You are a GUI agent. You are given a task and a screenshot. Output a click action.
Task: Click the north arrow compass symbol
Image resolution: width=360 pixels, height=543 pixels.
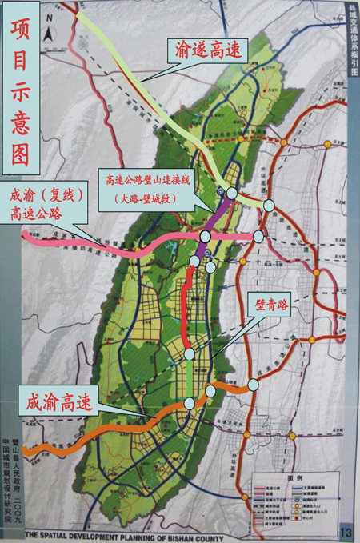(49, 34)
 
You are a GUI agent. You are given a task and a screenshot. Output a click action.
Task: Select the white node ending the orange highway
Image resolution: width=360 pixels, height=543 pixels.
(253, 385)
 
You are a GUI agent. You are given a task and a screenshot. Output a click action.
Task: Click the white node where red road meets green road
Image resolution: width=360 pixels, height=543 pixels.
(189, 353)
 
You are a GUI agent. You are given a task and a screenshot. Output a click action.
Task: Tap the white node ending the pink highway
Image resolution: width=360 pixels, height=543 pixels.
(258, 236)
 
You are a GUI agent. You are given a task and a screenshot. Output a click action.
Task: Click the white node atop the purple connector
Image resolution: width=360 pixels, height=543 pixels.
(231, 193)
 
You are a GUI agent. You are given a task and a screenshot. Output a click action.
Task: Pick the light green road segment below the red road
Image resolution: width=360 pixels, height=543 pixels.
(190, 376)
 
